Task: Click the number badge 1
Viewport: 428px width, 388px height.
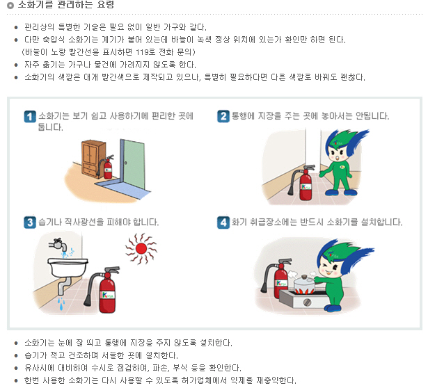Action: point(30,117)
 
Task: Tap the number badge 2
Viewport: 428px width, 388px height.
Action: point(223,116)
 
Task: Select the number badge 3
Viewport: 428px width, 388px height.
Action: point(30,223)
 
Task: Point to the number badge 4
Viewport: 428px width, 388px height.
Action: point(223,223)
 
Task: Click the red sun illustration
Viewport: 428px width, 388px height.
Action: point(141,249)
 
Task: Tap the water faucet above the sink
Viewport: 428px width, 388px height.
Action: point(58,245)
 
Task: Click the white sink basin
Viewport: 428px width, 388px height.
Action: point(68,267)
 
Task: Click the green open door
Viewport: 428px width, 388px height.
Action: point(132,163)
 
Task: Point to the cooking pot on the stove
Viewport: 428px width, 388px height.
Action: point(304,284)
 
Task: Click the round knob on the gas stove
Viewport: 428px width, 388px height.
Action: point(308,302)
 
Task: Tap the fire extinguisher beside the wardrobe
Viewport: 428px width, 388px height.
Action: point(106,167)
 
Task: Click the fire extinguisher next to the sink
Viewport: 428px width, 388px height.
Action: point(104,290)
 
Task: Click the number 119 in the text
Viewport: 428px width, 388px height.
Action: point(142,52)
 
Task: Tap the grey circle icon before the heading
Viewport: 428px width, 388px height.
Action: point(10,5)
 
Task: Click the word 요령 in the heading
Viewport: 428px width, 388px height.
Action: point(105,4)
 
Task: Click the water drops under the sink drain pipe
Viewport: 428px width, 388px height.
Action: point(61,304)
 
